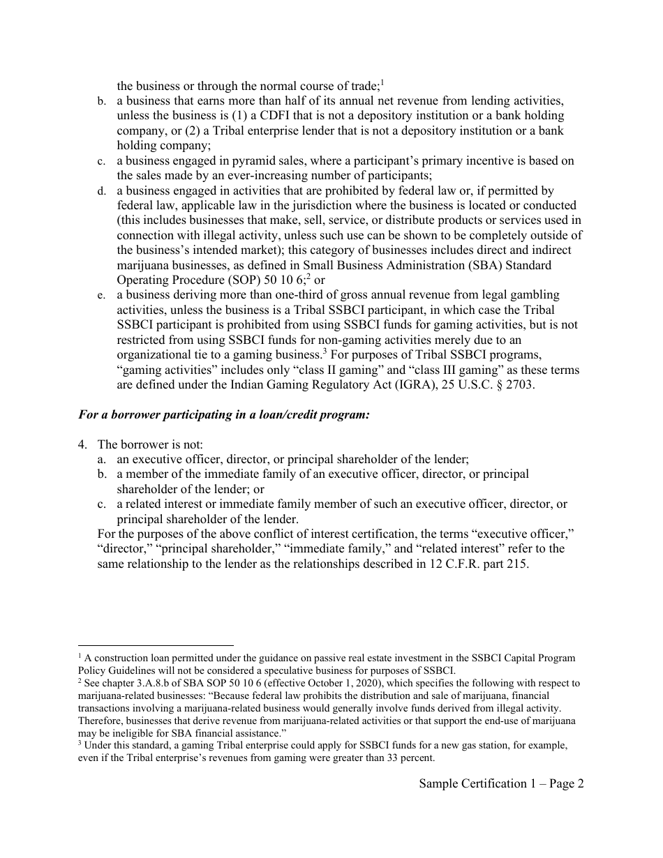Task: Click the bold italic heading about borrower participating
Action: coord(223,414)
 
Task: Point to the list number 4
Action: coord(82,444)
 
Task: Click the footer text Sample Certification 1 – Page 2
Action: coord(501,783)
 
